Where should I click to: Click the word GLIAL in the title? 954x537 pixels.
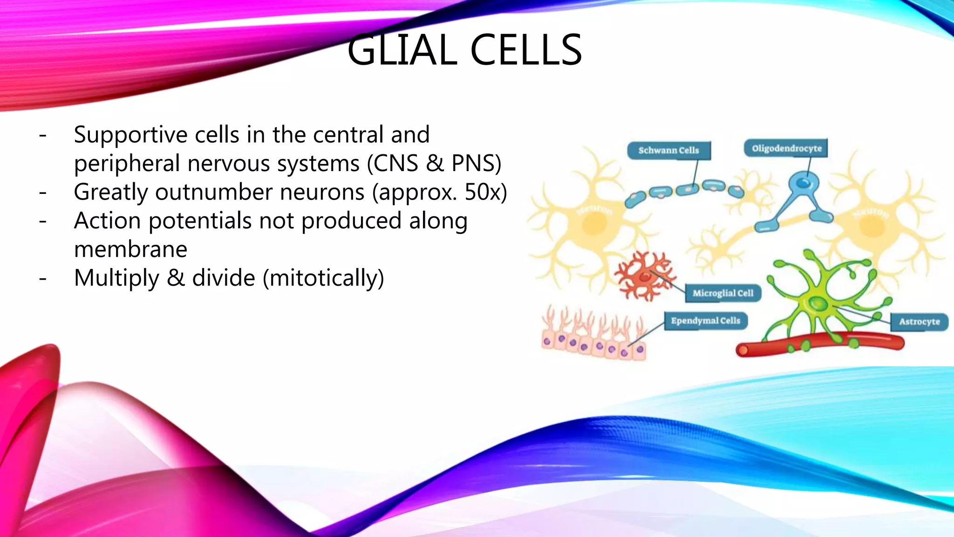(402, 50)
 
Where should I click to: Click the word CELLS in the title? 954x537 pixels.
(526, 50)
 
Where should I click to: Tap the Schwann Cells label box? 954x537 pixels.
(668, 150)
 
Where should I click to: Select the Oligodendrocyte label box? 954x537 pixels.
(786, 148)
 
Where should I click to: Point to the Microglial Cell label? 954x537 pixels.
(722, 293)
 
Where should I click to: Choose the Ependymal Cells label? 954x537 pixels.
(705, 321)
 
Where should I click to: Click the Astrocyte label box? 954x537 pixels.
(919, 322)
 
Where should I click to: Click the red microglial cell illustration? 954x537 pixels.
(645, 276)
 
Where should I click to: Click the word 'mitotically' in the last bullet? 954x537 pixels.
(323, 278)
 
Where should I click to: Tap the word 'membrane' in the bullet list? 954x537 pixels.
(130, 249)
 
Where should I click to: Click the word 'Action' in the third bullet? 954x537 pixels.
(107, 220)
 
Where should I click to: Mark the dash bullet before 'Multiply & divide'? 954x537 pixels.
(43, 279)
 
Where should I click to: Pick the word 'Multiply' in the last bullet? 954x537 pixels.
(116, 278)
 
